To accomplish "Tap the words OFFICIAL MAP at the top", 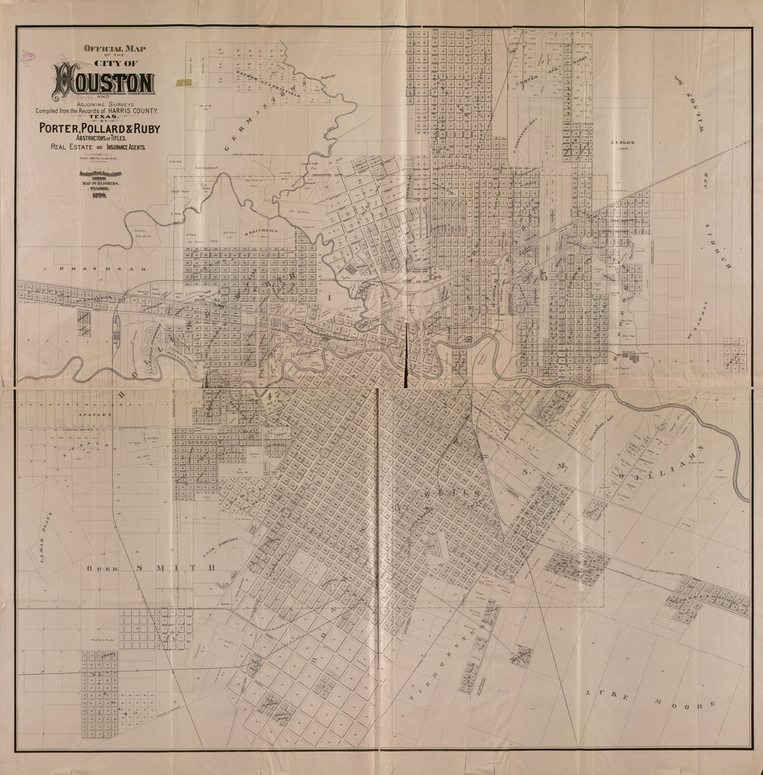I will (x=110, y=49).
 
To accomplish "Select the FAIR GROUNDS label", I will (x=223, y=548).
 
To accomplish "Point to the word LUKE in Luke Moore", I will (x=603, y=693).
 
